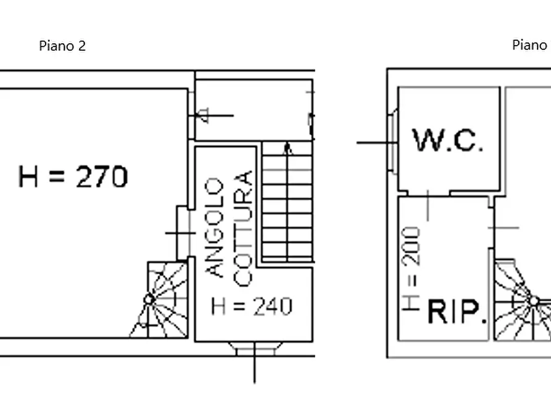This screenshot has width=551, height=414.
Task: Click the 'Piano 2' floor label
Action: [62, 46]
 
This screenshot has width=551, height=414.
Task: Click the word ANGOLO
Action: [214, 228]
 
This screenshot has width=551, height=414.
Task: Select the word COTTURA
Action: [243, 229]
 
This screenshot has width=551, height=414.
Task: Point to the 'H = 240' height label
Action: [252, 306]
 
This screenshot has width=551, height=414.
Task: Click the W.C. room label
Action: [448, 140]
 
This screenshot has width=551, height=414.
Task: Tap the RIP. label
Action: [457, 311]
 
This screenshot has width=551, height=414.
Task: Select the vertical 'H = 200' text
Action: [411, 269]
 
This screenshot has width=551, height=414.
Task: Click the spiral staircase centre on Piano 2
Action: [149, 300]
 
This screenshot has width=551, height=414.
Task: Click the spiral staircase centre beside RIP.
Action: [534, 302]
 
